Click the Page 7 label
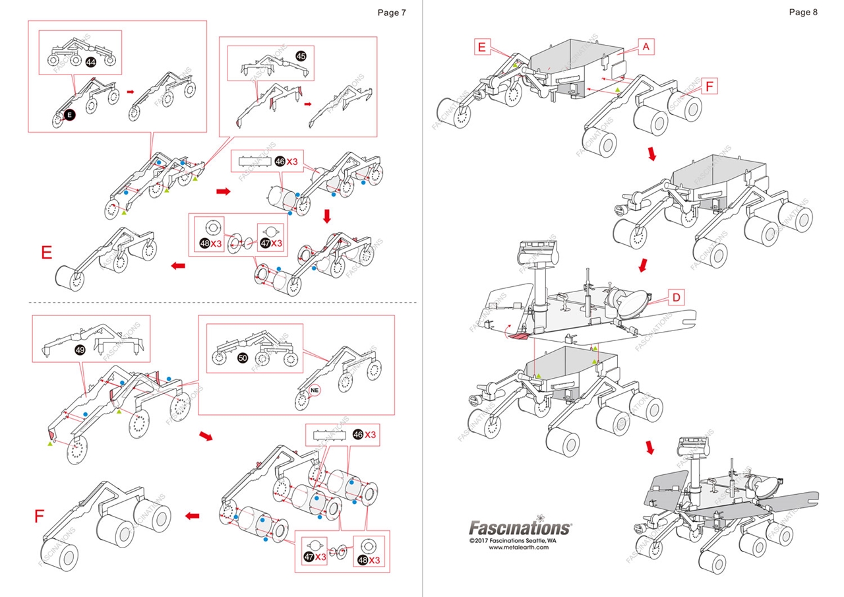[x=392, y=13]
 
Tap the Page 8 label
[x=803, y=13]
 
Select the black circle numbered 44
[x=91, y=62]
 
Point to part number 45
[x=301, y=56]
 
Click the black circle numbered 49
[x=80, y=350]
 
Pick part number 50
[x=243, y=358]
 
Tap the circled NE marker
[x=315, y=391]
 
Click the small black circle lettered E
[x=69, y=115]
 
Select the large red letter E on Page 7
[x=46, y=253]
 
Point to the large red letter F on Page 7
[x=39, y=516]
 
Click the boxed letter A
[x=646, y=47]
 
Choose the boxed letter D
[x=676, y=298]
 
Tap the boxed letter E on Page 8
[x=482, y=47]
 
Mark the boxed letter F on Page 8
[x=709, y=86]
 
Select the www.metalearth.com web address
[x=518, y=548]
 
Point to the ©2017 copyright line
[x=513, y=540]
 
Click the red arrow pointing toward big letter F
[x=193, y=516]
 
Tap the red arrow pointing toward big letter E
[x=178, y=266]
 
